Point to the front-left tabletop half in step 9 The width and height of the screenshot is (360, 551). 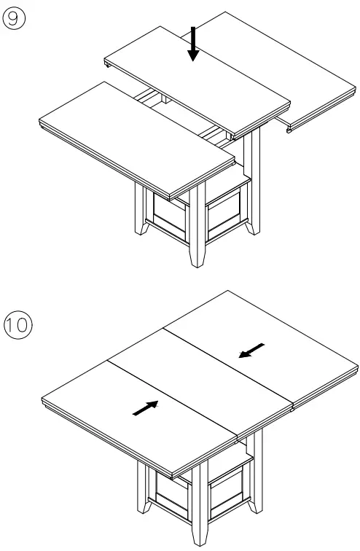click(135, 138)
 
